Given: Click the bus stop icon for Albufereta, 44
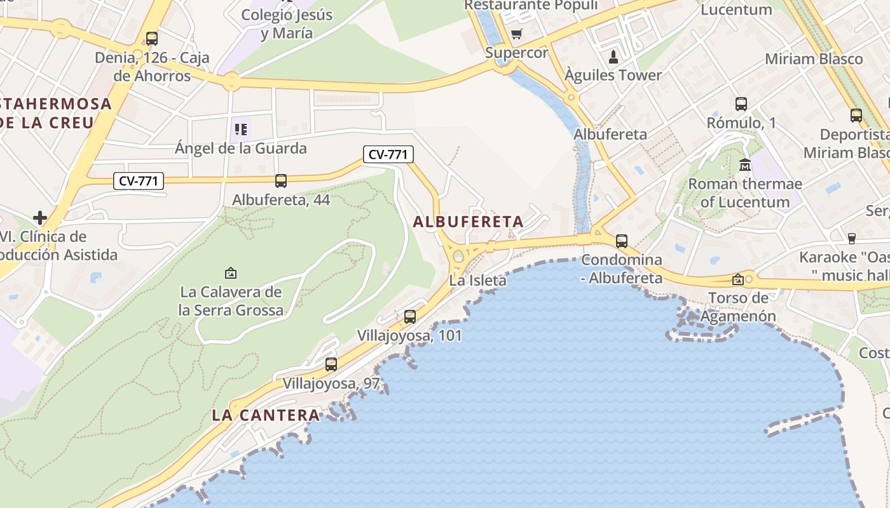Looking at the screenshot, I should tap(281, 181).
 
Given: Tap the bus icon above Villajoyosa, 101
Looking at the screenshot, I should tap(410, 316).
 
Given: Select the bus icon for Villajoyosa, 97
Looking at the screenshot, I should tap(331, 364).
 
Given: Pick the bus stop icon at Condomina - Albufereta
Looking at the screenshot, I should tap(622, 241).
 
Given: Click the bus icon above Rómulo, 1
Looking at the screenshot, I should tap(741, 104).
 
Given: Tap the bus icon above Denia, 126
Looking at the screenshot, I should tap(152, 39).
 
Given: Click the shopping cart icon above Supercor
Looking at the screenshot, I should tap(517, 34).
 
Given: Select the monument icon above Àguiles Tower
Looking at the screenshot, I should tap(613, 57).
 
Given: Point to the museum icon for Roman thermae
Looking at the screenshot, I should tap(745, 165).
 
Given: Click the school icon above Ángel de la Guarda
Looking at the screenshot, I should tap(241, 130).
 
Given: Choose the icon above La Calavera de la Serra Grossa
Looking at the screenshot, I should tap(231, 273).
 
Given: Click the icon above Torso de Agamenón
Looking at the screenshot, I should tap(737, 279).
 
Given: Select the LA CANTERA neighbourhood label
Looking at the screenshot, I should tap(266, 415).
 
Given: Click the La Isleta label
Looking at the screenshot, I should tap(478, 280).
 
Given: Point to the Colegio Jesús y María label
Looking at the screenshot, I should tap(287, 23).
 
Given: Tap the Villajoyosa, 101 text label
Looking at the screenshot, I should tap(409, 335).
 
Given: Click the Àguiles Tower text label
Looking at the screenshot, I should tap(613, 75).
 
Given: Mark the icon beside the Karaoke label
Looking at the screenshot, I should tap(852, 239).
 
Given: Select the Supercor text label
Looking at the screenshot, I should tap(517, 53).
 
